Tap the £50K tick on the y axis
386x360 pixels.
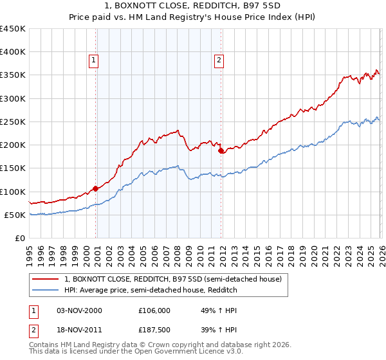[x=15, y=215]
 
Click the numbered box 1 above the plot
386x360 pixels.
[x=93, y=60]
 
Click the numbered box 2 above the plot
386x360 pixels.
[x=219, y=60]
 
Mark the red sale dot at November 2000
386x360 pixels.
[x=95, y=188]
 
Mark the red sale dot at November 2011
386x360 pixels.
[x=221, y=150]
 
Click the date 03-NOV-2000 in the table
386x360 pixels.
[x=79, y=310]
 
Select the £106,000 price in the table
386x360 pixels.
[x=154, y=310]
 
